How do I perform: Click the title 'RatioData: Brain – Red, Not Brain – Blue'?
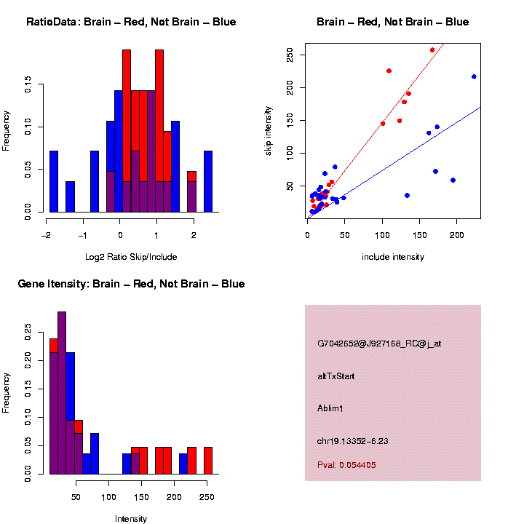click(x=131, y=22)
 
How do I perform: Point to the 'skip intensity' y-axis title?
click(x=269, y=132)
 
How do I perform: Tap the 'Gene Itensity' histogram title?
click(x=131, y=284)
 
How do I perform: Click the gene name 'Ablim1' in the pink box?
click(x=330, y=408)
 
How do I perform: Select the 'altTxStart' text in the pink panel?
click(x=336, y=376)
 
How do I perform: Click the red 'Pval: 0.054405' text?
click(x=346, y=465)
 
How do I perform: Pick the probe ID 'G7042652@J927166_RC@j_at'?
click(x=379, y=344)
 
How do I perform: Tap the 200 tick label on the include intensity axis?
click(x=456, y=236)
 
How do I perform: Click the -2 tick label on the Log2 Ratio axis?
click(x=47, y=236)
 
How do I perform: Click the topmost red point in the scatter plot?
click(x=432, y=50)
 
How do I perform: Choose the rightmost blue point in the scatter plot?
click(x=474, y=76)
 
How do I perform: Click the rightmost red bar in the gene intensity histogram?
click(x=208, y=460)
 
